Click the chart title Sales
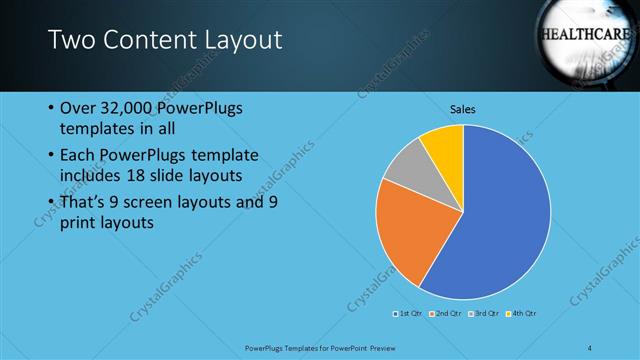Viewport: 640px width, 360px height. pyautogui.click(x=463, y=109)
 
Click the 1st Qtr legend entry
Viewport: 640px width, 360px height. pyautogui.click(x=409, y=313)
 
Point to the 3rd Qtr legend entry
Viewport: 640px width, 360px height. pyautogui.click(x=484, y=313)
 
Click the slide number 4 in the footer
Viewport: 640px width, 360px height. pyautogui.click(x=590, y=346)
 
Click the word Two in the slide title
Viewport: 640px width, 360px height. pyautogui.click(x=71, y=40)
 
